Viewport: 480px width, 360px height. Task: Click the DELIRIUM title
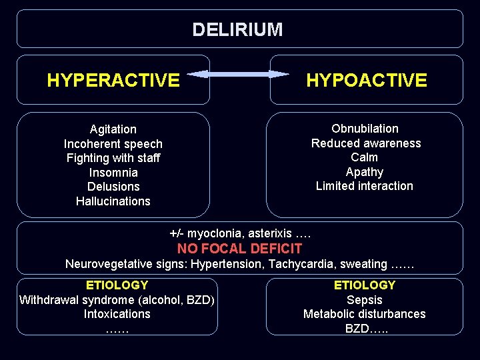[x=237, y=30]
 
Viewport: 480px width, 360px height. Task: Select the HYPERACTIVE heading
[x=113, y=81]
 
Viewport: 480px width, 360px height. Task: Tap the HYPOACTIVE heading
[x=366, y=81]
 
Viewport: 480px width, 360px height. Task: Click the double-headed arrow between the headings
[x=240, y=74]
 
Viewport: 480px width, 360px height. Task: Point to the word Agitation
[x=113, y=129]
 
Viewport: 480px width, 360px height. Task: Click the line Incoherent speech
[x=113, y=144]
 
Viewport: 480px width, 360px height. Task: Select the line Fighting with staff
[x=113, y=158]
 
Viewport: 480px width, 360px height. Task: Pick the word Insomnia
[x=113, y=173]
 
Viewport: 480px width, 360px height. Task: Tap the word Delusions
[x=113, y=187]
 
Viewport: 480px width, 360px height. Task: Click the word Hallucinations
[x=113, y=201]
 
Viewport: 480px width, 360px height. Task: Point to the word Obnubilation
[x=365, y=129]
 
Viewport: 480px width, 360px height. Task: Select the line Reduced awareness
[x=366, y=143]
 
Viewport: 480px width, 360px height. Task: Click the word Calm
[x=364, y=157]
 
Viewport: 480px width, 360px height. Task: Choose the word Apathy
[x=365, y=172]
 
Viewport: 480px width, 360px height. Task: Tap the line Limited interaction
[x=365, y=186]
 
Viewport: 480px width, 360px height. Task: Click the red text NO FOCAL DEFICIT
[x=239, y=249]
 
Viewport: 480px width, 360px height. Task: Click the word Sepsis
[x=365, y=300]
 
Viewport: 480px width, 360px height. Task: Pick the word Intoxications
[x=117, y=314]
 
